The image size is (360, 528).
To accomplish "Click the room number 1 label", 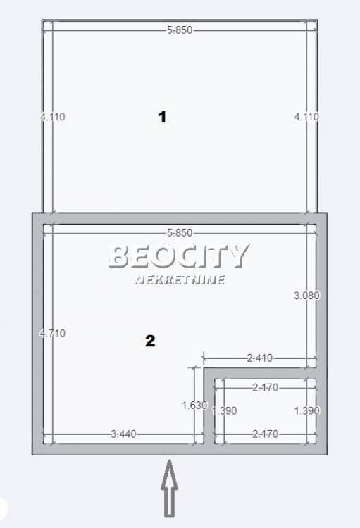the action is (163, 117).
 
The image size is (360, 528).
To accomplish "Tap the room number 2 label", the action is (150, 341).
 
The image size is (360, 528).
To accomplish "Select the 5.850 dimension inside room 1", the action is (180, 30).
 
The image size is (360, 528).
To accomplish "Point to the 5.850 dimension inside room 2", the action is (180, 233).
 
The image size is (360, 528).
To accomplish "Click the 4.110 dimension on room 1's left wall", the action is (53, 117).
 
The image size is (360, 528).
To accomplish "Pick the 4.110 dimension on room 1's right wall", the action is (306, 117).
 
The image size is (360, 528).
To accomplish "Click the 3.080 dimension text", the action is (306, 295).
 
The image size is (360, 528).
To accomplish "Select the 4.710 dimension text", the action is (53, 334).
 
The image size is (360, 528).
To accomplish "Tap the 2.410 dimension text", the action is (259, 358).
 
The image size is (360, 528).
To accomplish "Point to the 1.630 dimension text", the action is (194, 405).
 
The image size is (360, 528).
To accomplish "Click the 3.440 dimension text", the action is (124, 434).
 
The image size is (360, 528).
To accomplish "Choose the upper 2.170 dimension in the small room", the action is (266, 388).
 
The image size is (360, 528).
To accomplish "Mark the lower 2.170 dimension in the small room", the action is (266, 434).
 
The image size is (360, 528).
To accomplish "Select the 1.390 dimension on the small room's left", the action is (224, 411).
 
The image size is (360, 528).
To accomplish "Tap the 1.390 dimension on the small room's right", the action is (306, 411).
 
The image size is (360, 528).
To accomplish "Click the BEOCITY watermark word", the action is (180, 256).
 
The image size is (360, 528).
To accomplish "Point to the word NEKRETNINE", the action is (180, 279).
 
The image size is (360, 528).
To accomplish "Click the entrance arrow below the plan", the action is (170, 488).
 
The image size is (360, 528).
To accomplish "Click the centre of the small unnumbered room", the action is (266, 411).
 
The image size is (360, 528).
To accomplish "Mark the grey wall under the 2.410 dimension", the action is (260, 373).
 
